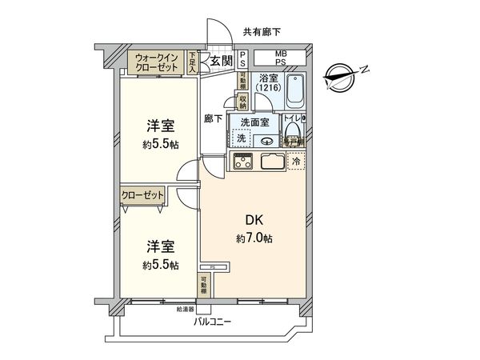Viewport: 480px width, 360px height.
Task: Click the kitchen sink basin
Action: [272, 162]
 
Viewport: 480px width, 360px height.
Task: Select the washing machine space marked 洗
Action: [241, 138]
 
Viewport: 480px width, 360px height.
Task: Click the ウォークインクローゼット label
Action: [157, 62]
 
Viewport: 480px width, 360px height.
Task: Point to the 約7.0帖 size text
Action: [255, 238]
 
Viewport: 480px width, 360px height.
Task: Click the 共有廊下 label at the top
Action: [262, 32]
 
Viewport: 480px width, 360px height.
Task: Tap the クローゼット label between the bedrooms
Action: [142, 194]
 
